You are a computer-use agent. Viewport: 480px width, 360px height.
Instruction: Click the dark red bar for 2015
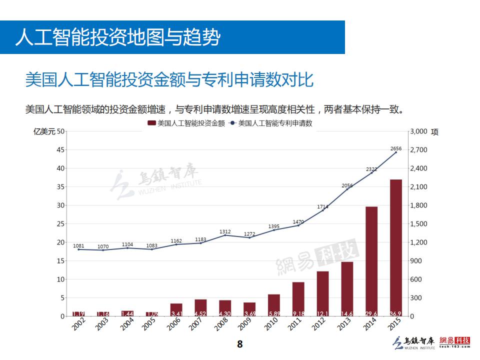396,247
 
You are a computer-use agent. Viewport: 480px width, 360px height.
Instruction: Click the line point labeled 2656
396,152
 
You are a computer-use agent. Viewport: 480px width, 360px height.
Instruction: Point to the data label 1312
225,231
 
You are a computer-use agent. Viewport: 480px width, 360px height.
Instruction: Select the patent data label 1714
322,206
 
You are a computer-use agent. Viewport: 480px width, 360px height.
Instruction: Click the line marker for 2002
78,249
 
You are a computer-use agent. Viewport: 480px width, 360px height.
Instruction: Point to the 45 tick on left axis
60,150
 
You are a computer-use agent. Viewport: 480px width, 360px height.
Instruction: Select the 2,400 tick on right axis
418,168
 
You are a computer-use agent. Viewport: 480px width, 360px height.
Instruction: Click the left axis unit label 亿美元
44,132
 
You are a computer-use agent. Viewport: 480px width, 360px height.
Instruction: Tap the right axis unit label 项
434,132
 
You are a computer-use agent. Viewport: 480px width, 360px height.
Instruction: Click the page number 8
240,344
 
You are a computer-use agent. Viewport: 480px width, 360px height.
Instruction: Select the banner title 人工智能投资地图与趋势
117,37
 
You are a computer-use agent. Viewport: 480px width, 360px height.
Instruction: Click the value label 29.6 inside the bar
371,313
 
